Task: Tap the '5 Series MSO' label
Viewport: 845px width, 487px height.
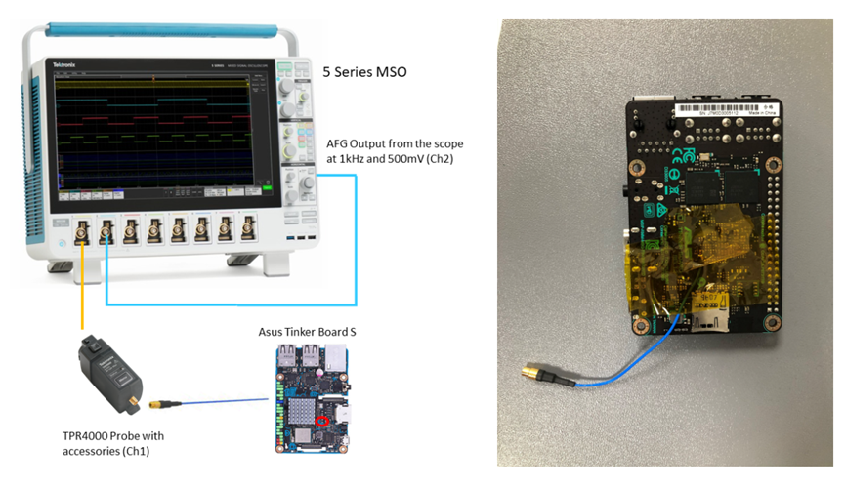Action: coord(364,71)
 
